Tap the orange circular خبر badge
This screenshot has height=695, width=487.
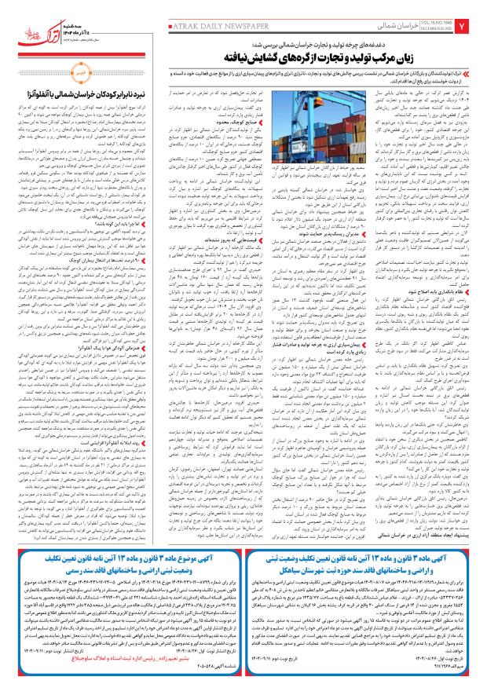coord(97,98)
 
